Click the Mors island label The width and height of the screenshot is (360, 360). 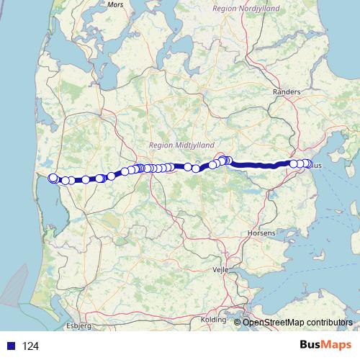(x=115, y=4)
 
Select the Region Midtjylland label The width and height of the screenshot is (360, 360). (x=176, y=145)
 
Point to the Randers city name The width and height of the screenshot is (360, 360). (x=286, y=92)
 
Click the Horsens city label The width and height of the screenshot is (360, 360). (x=261, y=233)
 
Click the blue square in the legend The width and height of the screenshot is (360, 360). (x=12, y=346)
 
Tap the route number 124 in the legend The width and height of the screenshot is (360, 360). (x=30, y=346)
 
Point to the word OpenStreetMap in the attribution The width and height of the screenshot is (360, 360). (x=274, y=322)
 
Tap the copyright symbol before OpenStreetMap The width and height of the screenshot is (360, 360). (x=238, y=322)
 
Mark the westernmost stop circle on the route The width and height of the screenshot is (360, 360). (x=52, y=178)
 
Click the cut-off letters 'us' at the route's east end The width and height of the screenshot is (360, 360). (x=318, y=165)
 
